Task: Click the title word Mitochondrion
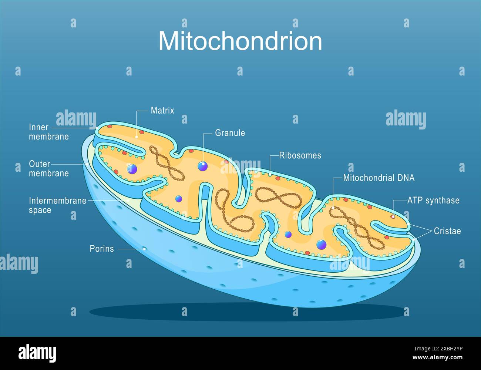tap(240, 41)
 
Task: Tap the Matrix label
tap(162, 110)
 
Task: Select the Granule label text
tap(230, 133)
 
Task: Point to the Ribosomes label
tap(300, 155)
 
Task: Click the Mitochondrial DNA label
tap(379, 178)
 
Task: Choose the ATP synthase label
tap(433, 201)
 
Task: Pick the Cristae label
tap(447, 231)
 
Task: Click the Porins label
tap(102, 249)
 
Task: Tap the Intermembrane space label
tap(57, 205)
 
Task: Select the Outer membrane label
tap(48, 168)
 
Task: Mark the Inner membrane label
tap(48, 132)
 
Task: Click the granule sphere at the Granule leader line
tap(202, 166)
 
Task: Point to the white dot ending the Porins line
tap(145, 249)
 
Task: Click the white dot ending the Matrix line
tap(137, 137)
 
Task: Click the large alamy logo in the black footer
tap(37, 353)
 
